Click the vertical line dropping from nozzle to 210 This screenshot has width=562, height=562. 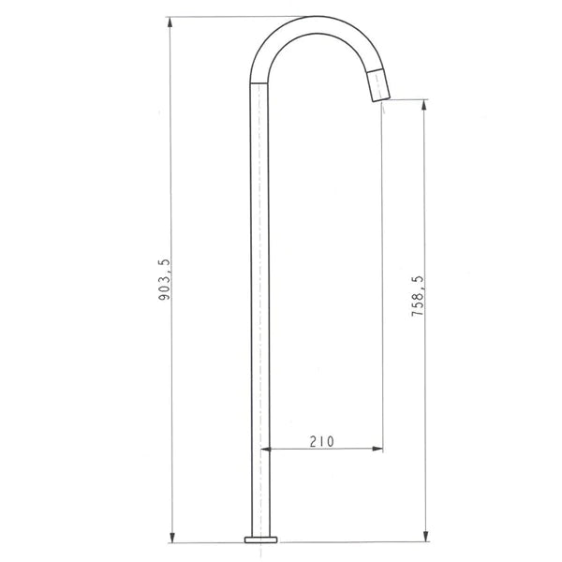coord(382,281)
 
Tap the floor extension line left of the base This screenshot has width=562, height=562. coord(206,541)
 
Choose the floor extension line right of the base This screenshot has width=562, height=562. coord(356,541)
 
